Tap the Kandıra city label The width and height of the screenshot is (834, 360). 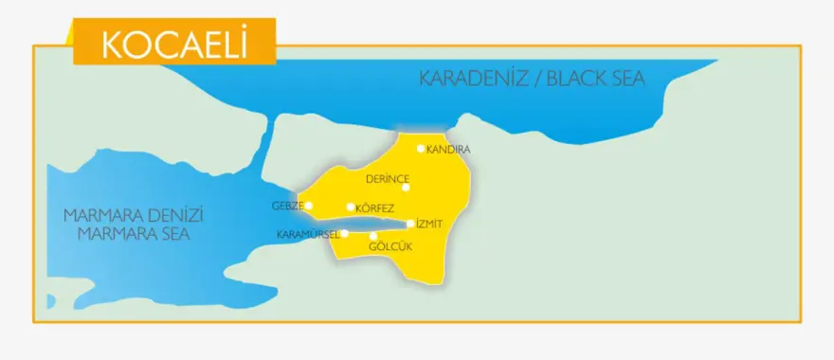click(449, 150)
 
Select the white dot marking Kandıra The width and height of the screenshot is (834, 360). click(421, 148)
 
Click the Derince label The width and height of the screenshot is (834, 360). click(388, 178)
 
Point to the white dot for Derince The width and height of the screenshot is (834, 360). click(406, 188)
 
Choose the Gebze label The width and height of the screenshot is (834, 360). click(287, 206)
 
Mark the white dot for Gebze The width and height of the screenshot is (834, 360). click(309, 205)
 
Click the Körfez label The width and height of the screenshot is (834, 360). click(375, 207)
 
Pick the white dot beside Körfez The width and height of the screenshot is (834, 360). click(351, 207)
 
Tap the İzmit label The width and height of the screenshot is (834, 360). click(430, 224)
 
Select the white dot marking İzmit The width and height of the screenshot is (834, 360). click(410, 225)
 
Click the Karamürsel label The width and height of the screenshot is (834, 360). click(307, 234)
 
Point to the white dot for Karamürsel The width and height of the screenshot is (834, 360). click(345, 233)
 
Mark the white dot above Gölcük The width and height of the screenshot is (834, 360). click(373, 236)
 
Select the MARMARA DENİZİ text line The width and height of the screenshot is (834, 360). click(134, 215)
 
